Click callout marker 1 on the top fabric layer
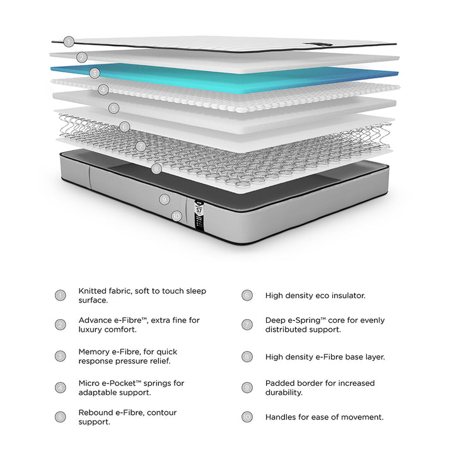click(x=69, y=42)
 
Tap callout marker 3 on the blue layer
click(x=95, y=73)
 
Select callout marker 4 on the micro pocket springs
click(x=103, y=90)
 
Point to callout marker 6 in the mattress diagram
click(x=124, y=127)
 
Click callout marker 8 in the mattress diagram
click(x=156, y=169)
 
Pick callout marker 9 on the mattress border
click(x=165, y=199)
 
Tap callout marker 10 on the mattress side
click(x=177, y=216)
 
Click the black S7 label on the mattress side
click(x=199, y=216)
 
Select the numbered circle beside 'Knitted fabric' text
click(x=61, y=295)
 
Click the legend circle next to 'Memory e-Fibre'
click(x=61, y=356)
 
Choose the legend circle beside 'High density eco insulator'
click(x=247, y=295)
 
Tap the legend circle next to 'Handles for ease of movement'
click(x=247, y=417)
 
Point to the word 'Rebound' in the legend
click(x=96, y=412)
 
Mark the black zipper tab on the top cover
click(x=318, y=44)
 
